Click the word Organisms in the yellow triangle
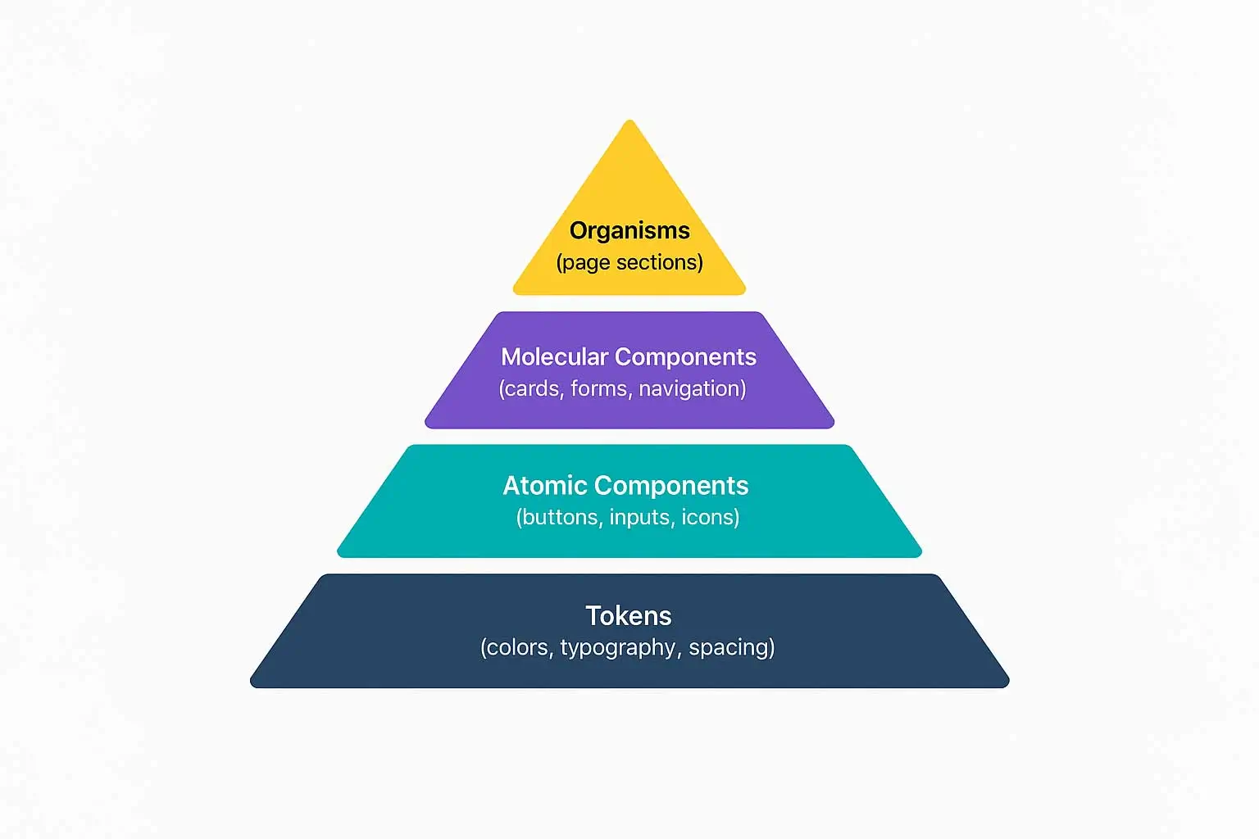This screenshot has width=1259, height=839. (x=629, y=231)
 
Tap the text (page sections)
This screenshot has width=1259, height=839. (x=629, y=262)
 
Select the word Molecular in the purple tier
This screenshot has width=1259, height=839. (x=554, y=357)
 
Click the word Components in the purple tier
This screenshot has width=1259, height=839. (x=685, y=357)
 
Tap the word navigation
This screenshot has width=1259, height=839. (x=690, y=388)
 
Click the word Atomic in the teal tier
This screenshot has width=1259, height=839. (x=544, y=486)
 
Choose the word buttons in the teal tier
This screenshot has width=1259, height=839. (x=560, y=518)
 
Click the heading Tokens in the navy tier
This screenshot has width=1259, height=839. (x=629, y=616)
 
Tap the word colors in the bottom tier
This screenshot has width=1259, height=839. (x=519, y=647)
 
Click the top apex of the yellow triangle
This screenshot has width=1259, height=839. (x=629, y=122)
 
